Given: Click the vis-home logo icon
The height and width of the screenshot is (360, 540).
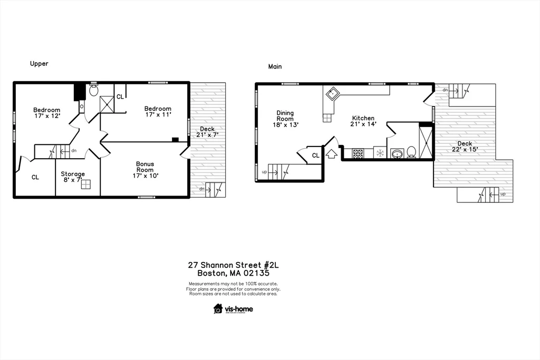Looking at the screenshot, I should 218,309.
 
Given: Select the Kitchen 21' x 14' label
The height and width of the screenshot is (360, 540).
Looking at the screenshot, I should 363,121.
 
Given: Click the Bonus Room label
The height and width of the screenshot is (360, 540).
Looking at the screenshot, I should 145,170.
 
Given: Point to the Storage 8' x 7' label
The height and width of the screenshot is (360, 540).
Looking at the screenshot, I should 72,177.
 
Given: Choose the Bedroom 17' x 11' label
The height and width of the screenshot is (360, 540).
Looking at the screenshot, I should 158,111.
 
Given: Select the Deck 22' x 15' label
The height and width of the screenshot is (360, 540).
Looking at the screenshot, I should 465,147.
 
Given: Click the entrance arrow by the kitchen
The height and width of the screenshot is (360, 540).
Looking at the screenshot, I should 332,154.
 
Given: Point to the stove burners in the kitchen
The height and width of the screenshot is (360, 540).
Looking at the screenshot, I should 358,154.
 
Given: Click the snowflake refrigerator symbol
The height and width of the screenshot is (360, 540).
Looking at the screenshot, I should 380,153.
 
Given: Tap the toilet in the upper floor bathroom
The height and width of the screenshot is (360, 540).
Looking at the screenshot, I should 94,91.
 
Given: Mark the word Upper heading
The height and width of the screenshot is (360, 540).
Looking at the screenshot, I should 39,64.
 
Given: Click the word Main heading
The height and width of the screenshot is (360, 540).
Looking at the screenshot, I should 275,67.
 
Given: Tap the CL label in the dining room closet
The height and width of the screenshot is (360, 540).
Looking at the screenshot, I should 315,155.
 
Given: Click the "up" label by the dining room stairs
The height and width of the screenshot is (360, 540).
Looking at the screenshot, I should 264,172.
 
